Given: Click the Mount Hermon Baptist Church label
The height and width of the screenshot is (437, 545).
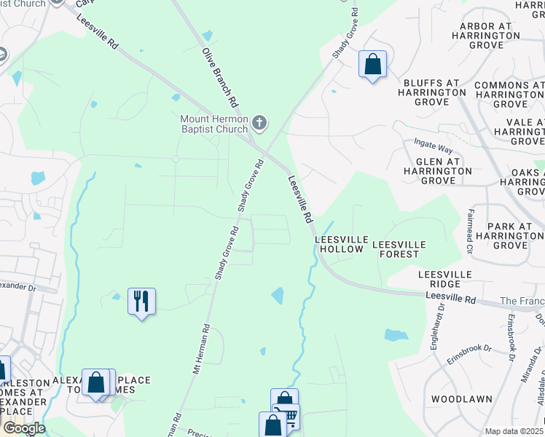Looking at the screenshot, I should (x=215, y=124).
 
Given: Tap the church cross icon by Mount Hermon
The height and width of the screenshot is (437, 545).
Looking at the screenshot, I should (x=259, y=122).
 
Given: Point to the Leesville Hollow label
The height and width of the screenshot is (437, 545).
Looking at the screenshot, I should (x=339, y=244).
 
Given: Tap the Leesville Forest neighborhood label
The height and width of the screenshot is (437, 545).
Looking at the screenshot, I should (x=396, y=249).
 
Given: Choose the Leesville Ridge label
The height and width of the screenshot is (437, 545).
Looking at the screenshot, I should (x=444, y=279).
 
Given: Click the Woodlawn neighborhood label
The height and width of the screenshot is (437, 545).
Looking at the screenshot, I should (x=458, y=399).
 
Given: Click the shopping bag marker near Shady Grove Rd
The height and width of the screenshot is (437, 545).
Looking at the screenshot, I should (x=372, y=65).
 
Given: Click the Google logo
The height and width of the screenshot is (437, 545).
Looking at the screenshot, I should (x=24, y=428).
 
